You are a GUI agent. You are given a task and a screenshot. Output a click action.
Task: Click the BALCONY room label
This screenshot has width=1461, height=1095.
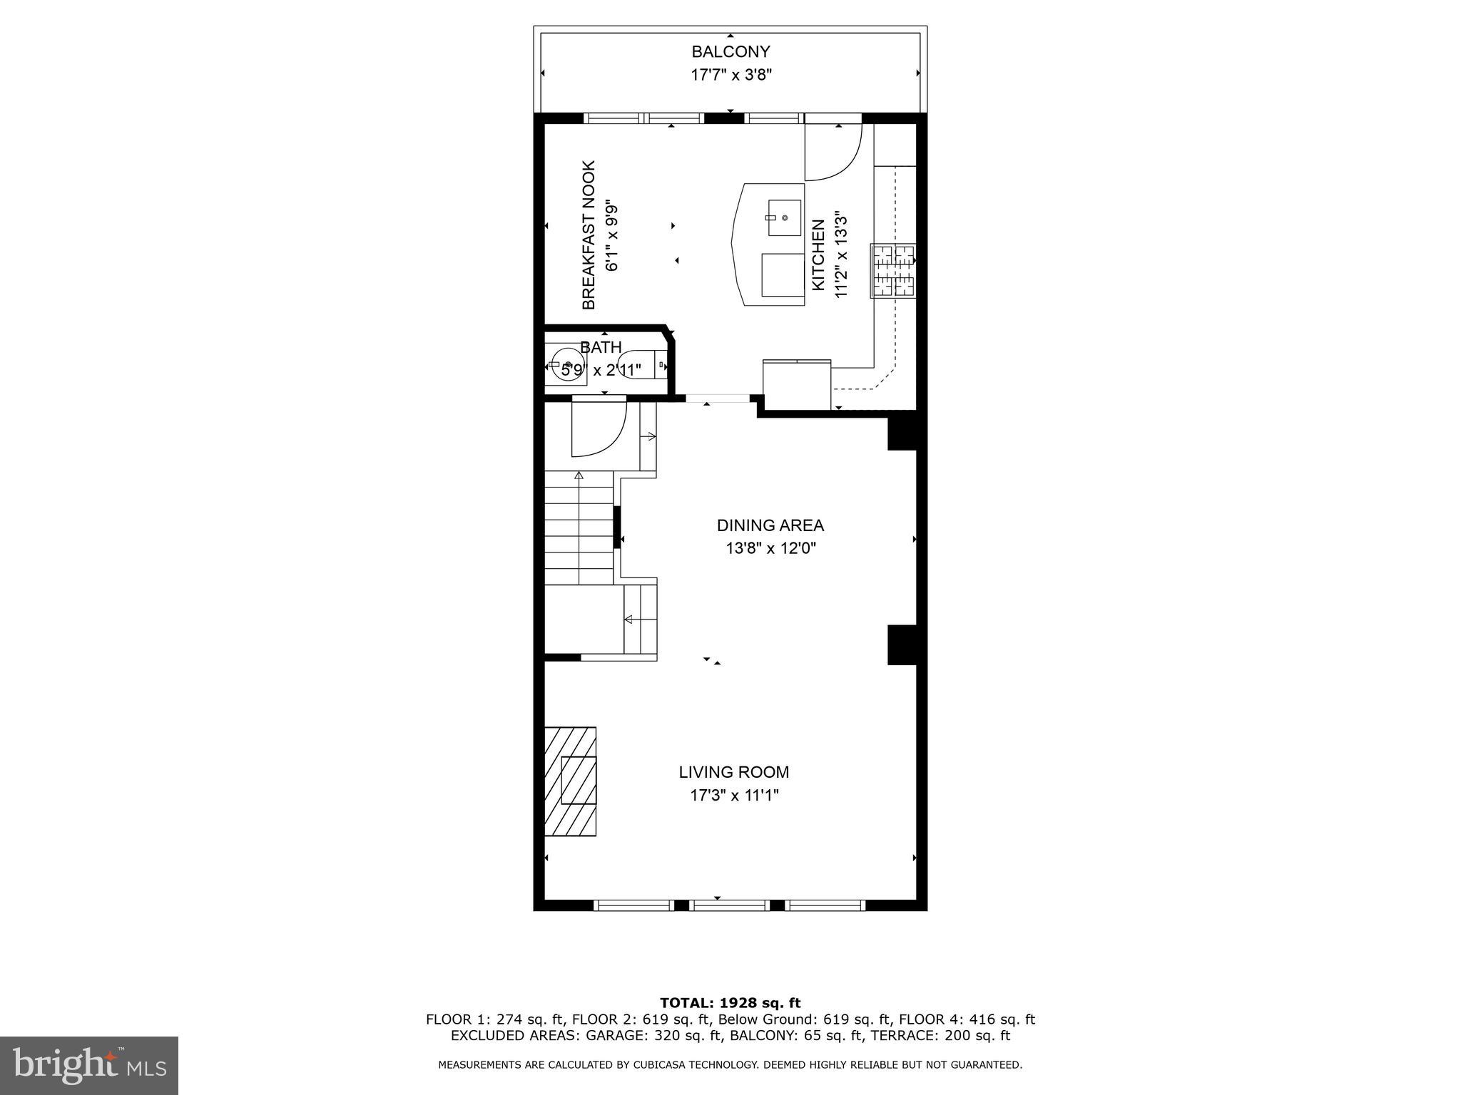tap(730, 51)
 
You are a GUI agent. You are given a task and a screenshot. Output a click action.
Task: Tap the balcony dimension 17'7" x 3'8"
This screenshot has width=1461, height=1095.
tap(730, 74)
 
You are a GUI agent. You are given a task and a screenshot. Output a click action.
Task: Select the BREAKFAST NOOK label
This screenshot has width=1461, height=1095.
tap(589, 235)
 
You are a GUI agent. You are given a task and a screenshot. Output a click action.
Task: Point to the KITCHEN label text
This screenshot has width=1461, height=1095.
tap(818, 255)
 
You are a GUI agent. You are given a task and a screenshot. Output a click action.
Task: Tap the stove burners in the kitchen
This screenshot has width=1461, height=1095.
tap(892, 271)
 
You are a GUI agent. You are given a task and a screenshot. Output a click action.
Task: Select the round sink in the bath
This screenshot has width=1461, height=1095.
tap(568, 365)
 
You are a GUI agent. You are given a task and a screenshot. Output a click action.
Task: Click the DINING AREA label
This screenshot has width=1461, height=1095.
tap(770, 525)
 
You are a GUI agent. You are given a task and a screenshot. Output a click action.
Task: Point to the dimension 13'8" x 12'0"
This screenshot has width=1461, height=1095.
tap(770, 548)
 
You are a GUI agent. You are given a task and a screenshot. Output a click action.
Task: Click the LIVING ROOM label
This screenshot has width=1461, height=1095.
tap(733, 772)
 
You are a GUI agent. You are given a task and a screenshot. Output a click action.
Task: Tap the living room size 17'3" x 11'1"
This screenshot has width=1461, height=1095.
tap(733, 795)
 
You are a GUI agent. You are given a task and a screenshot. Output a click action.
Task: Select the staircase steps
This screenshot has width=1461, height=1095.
tap(579, 528)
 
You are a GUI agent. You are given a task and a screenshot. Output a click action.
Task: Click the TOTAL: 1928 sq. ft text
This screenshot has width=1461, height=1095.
tap(730, 1003)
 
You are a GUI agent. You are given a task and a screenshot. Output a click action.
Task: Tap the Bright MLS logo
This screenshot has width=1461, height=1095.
tap(89, 1065)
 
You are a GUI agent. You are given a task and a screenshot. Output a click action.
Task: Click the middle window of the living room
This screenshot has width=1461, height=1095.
tap(730, 905)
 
